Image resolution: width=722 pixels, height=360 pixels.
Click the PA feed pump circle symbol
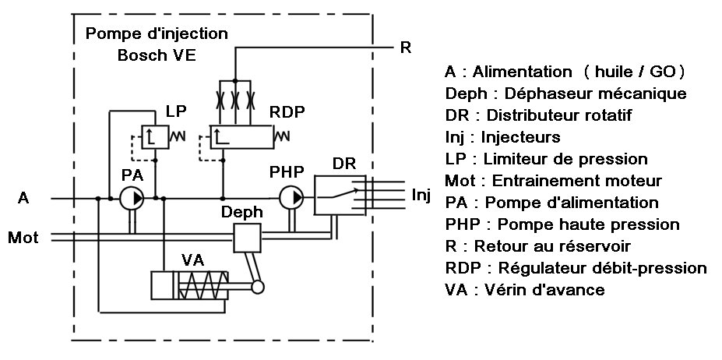[132, 199]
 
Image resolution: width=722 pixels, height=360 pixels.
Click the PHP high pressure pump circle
[292, 199]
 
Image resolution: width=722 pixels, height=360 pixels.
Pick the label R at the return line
[405, 48]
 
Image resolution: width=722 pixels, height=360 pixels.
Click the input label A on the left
[23, 199]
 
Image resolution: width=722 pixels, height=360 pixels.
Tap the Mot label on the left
[23, 236]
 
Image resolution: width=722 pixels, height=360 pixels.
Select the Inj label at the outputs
[421, 195]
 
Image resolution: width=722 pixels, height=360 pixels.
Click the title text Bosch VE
[156, 55]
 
